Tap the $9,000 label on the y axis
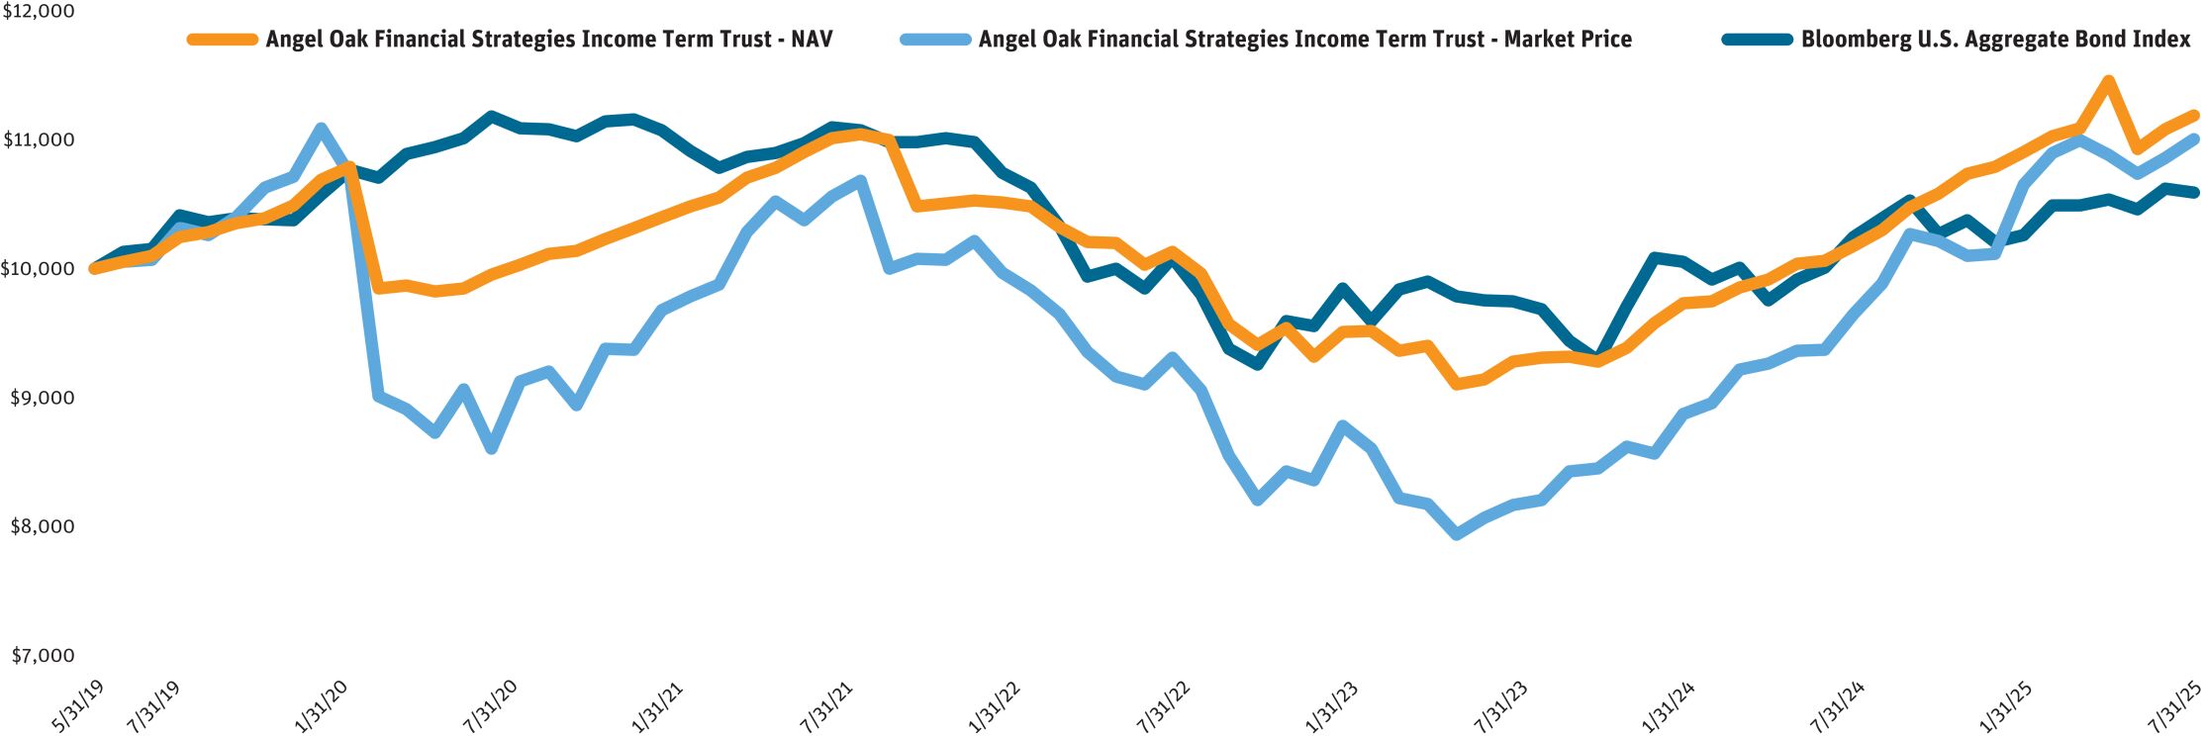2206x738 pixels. [42, 398]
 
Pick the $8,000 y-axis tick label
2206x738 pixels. [42, 526]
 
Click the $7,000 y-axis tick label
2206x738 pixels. [42, 655]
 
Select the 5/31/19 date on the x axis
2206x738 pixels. [76, 705]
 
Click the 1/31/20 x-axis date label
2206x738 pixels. [321, 705]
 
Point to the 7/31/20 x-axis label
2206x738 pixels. [489, 705]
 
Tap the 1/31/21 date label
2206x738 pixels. [657, 705]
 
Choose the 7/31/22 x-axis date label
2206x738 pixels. [1163, 705]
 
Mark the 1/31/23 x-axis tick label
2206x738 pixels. [1331, 705]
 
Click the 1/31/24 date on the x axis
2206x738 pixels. [1669, 705]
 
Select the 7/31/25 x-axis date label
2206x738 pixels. [2173, 705]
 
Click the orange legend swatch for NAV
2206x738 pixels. [222, 40]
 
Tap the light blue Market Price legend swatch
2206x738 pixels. [935, 40]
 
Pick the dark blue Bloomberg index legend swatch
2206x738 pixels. [1757, 40]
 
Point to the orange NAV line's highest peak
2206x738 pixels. [2108, 81]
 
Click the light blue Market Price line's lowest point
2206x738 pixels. [1457, 534]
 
